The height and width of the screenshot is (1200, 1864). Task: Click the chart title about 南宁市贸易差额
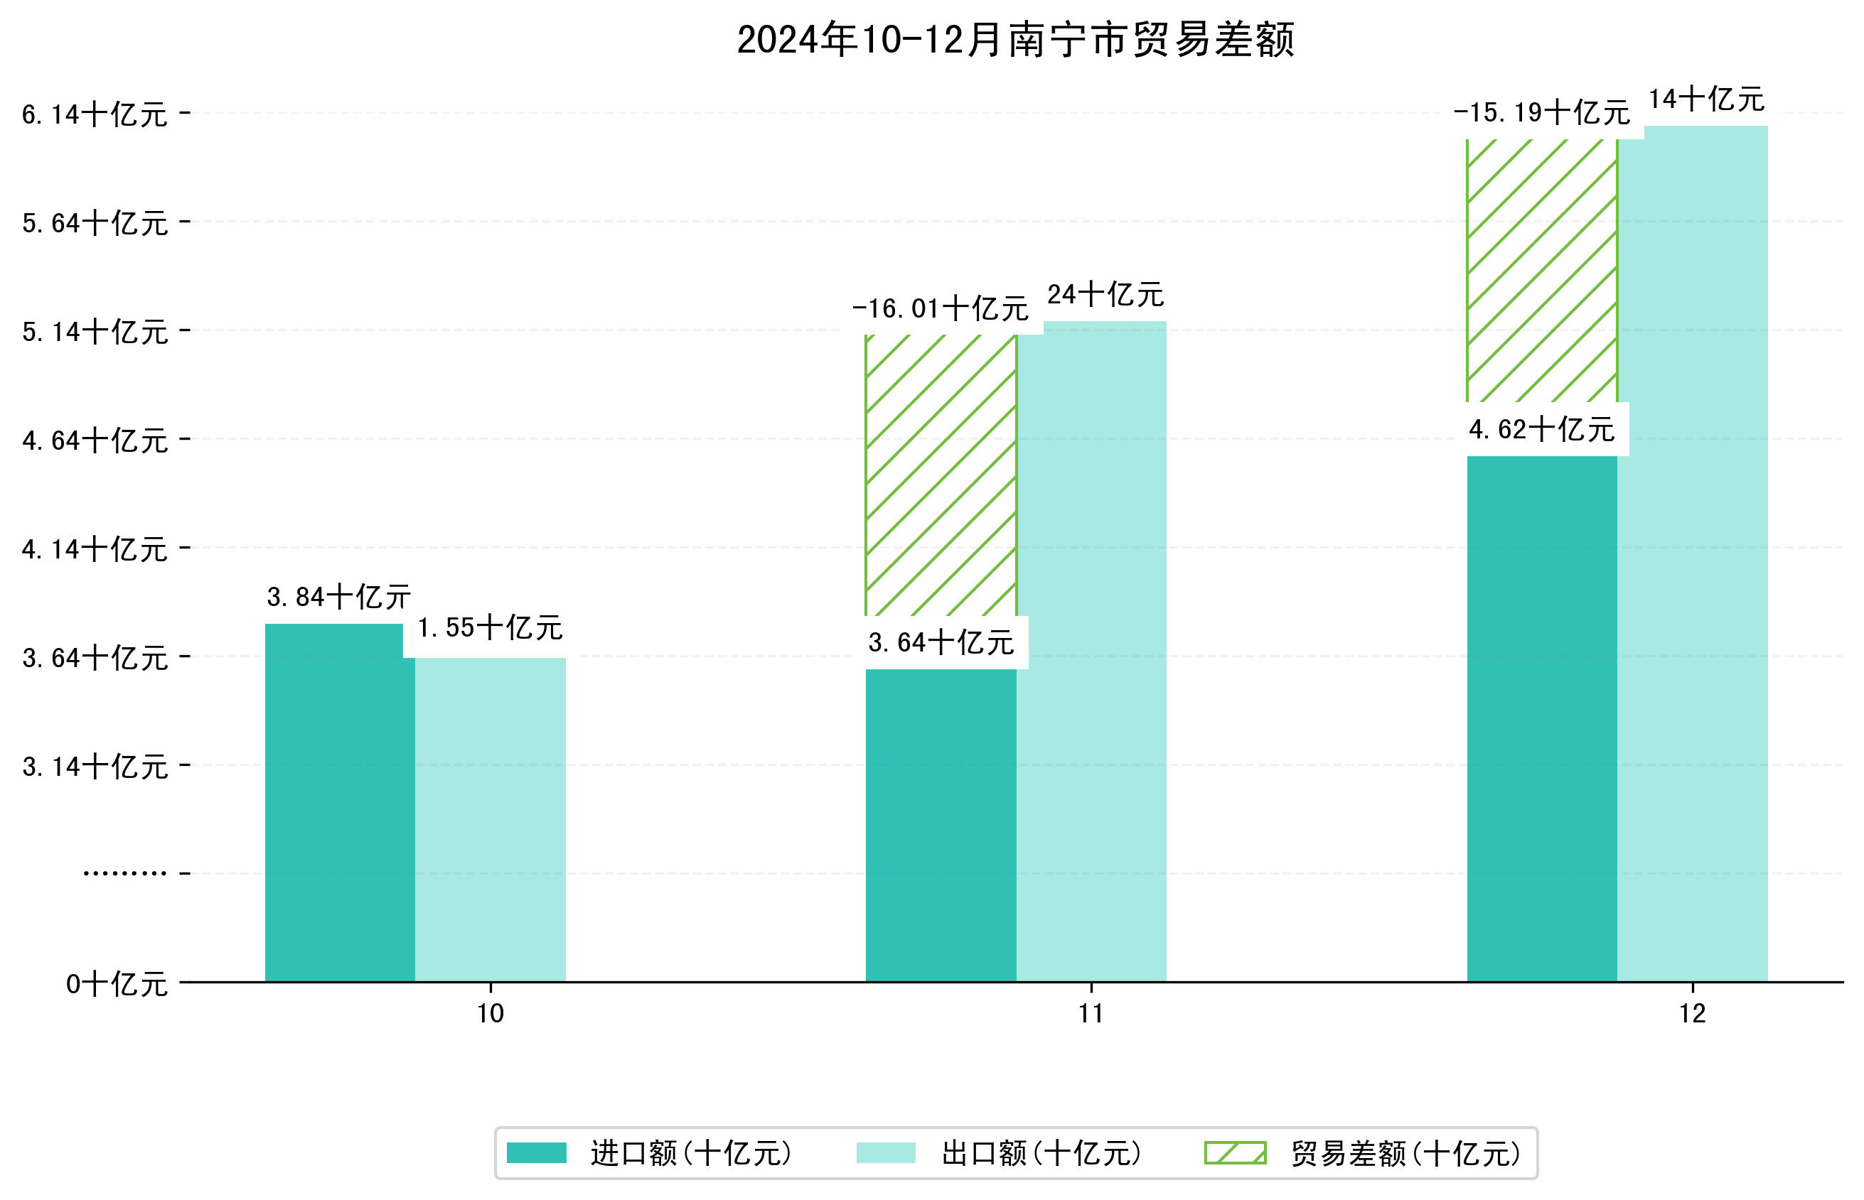(x=1015, y=40)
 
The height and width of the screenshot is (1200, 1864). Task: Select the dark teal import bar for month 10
(x=340, y=803)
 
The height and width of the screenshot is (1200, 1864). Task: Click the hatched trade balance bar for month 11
(x=941, y=475)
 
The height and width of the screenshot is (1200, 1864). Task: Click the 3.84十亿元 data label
(x=338, y=597)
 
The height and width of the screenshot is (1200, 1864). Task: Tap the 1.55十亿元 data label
(x=490, y=627)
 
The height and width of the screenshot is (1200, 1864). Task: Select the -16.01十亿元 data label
(x=941, y=308)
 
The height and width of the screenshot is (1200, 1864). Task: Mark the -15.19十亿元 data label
(x=1541, y=113)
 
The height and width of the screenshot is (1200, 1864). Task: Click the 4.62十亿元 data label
(x=1541, y=429)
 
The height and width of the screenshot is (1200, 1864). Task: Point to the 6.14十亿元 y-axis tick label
(x=95, y=114)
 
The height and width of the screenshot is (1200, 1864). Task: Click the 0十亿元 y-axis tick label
(x=117, y=984)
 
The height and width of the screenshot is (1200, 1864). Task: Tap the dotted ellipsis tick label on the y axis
(x=124, y=873)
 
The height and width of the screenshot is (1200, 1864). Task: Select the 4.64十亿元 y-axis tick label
(x=95, y=440)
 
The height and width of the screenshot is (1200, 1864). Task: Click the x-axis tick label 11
(x=1091, y=1014)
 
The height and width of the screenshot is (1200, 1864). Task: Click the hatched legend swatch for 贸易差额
(x=1235, y=1152)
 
